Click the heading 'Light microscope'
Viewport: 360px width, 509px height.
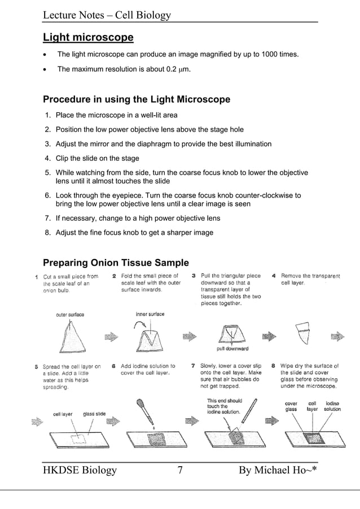click(88, 38)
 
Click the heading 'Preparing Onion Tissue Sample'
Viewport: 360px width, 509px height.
click(116, 262)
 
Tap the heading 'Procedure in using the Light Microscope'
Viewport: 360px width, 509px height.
click(137, 100)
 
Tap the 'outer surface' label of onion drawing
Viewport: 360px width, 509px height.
click(69, 314)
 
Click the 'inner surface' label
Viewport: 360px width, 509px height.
click(150, 314)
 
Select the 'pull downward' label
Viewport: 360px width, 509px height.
click(232, 349)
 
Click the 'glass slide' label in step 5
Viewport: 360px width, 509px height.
click(94, 414)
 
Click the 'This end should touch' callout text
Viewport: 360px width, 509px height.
click(224, 406)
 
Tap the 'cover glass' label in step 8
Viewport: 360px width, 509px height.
click(291, 406)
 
